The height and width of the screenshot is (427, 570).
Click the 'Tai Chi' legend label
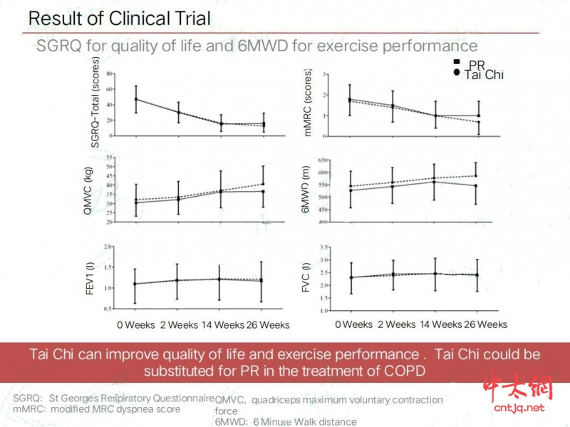484,75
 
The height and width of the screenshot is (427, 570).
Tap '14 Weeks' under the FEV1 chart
218,325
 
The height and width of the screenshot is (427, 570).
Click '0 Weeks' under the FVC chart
353,324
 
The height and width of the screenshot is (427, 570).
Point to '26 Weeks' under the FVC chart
486,324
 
